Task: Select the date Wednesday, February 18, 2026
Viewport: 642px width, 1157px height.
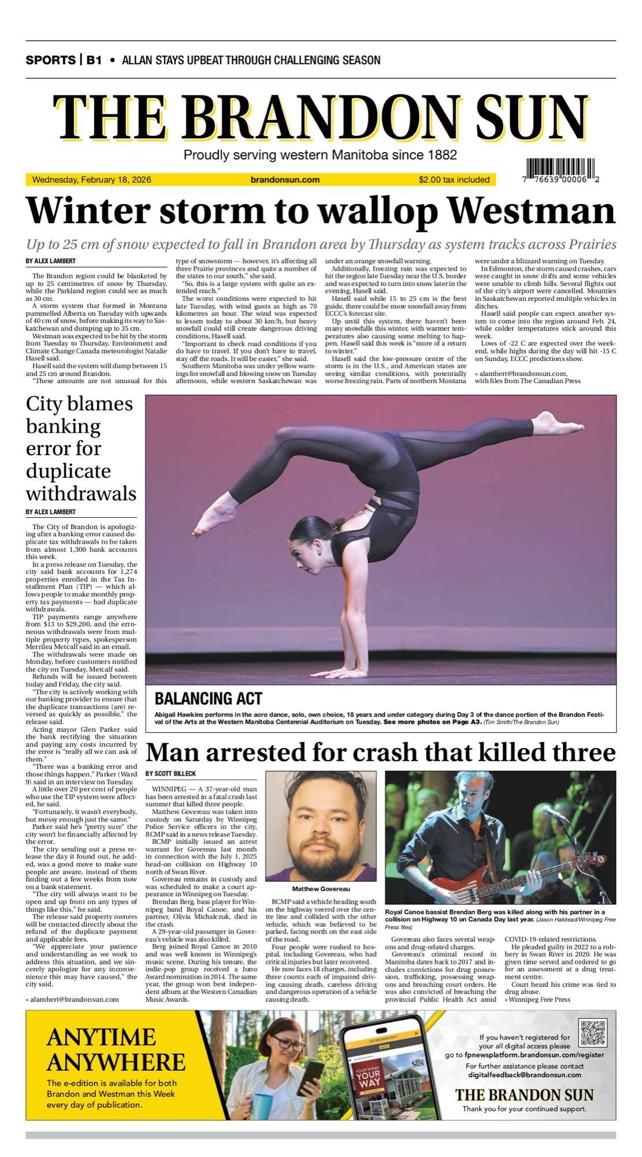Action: point(92,180)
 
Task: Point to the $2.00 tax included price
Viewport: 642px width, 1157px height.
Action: point(454,180)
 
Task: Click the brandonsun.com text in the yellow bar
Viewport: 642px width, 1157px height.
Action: point(285,180)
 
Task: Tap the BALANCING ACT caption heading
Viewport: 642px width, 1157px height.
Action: point(209,698)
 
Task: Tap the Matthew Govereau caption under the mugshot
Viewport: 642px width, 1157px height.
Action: point(321,889)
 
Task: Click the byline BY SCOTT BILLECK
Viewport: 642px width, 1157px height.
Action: point(170,773)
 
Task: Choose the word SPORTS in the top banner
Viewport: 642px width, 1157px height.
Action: point(50,60)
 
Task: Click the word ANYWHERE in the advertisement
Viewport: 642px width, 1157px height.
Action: point(116,1062)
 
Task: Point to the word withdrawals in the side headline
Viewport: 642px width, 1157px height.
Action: point(81,493)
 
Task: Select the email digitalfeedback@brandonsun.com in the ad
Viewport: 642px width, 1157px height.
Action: point(525,1074)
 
